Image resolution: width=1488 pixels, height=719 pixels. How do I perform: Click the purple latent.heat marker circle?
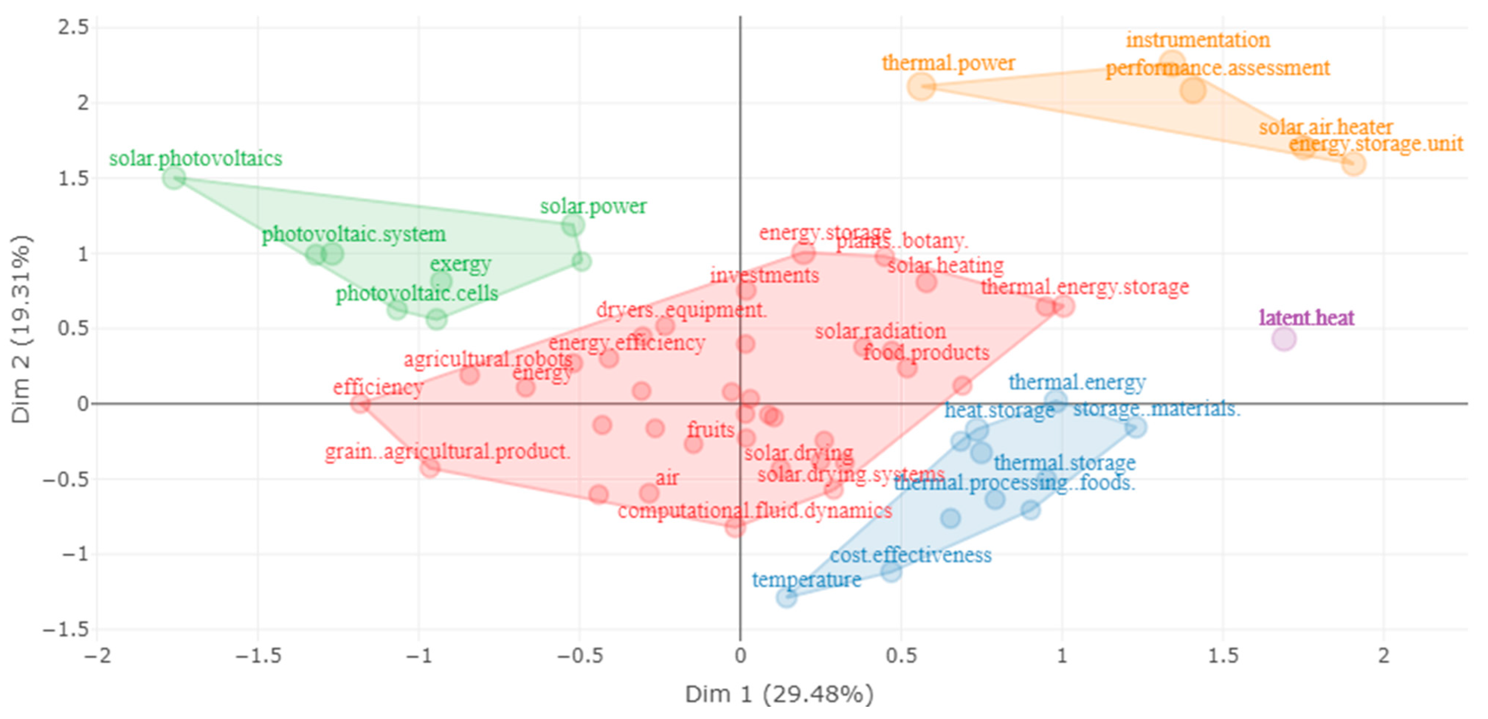click(x=1284, y=339)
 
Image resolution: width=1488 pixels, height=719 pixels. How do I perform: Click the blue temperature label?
click(x=807, y=580)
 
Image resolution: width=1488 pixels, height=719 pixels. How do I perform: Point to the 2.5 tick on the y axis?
click(x=73, y=28)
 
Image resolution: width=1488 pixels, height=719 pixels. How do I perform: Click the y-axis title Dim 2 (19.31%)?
click(x=22, y=329)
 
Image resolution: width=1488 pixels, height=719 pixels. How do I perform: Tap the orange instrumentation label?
click(x=1198, y=41)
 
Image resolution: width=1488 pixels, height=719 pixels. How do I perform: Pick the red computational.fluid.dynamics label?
click(x=755, y=511)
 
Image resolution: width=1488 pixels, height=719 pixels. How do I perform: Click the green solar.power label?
click(x=593, y=207)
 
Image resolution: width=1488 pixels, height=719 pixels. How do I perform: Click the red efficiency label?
click(x=378, y=387)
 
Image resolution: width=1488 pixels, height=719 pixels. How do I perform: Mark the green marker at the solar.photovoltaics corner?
click(x=174, y=178)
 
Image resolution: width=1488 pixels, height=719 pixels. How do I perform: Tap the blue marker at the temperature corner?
click(x=786, y=597)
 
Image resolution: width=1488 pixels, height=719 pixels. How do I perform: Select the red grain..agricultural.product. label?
click(x=448, y=452)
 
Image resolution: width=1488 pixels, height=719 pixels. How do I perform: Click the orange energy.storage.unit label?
click(x=1376, y=144)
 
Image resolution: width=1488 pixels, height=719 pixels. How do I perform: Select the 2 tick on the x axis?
click(x=1383, y=657)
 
